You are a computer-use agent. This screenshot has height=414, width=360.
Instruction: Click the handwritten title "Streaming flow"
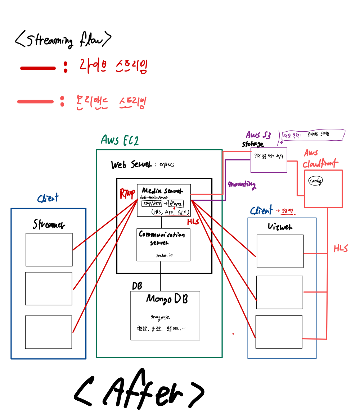[x=63, y=39]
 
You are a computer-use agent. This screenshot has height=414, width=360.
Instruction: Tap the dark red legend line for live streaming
[x=38, y=68]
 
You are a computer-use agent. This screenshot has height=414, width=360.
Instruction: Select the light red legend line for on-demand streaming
[x=35, y=102]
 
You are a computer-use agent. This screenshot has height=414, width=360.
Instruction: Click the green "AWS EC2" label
[x=120, y=140]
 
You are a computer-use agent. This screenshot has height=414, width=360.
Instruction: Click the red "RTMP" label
[x=127, y=194]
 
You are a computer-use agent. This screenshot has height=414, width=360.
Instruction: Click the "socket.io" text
[x=164, y=255]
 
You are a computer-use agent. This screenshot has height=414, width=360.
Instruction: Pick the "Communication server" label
[x=162, y=238]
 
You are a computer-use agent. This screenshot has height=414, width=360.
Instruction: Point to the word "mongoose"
[x=160, y=317]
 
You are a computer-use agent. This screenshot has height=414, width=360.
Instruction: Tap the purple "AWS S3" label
[x=258, y=135]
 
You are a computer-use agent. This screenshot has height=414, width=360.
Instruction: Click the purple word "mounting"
[x=242, y=185]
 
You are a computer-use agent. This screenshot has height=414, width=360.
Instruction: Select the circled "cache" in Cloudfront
[x=315, y=181]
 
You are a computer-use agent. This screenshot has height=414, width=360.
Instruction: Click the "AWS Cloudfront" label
[x=320, y=159]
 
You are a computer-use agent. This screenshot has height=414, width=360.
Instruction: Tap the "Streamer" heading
[x=49, y=225]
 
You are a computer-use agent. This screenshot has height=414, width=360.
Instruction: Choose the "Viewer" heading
[x=280, y=226]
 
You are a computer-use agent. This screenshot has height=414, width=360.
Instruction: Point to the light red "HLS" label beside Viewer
[x=340, y=248]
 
